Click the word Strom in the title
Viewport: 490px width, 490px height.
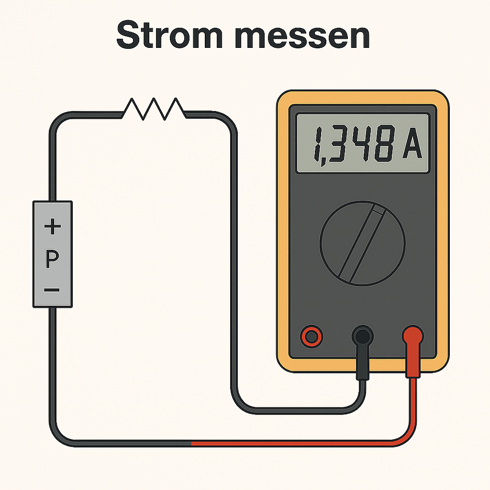[169, 34]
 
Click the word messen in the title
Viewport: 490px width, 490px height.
[303, 37]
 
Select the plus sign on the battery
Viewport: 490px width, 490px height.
[53, 226]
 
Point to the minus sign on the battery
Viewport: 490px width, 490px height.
[52, 290]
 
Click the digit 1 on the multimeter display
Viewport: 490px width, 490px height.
[318, 144]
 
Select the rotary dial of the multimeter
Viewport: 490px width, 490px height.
[363, 243]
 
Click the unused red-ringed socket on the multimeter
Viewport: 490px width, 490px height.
[312, 336]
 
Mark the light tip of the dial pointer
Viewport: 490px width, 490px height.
[379, 210]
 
